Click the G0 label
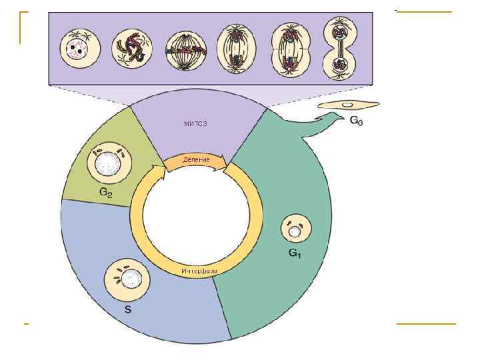(x=357, y=122)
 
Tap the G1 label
(x=295, y=254)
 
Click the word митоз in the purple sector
(x=196, y=123)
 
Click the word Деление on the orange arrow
(x=196, y=160)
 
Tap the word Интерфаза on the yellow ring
(x=199, y=271)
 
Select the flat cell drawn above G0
(x=347, y=105)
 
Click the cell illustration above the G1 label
(x=295, y=231)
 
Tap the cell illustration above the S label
(x=129, y=279)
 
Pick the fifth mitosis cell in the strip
(x=287, y=49)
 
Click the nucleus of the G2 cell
(x=107, y=162)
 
